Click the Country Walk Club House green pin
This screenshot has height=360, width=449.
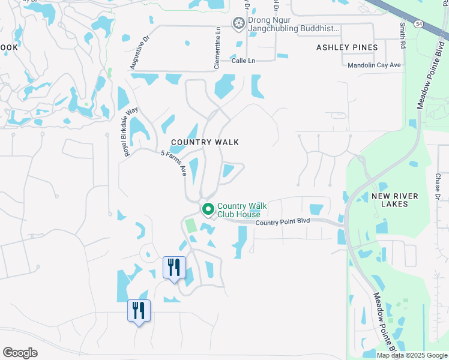[x=208, y=209]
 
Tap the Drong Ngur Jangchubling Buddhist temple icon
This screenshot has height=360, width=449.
[x=238, y=23]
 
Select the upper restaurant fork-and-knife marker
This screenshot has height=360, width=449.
[x=174, y=267]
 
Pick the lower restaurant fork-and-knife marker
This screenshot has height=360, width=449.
[x=139, y=310]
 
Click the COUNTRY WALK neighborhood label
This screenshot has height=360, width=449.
[x=205, y=142]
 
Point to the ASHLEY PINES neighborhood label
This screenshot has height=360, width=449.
[x=347, y=47]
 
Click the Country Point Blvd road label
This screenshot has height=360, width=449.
[x=283, y=222]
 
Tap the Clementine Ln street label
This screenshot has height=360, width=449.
[x=217, y=51]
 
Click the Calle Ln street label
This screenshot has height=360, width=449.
[x=243, y=61]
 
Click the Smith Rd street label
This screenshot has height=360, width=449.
[x=402, y=35]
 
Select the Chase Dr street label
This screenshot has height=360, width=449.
[x=438, y=187]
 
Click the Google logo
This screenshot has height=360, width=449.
[x=20, y=353]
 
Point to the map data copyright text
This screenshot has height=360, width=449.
[x=412, y=355]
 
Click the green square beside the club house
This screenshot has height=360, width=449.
[x=191, y=226]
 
